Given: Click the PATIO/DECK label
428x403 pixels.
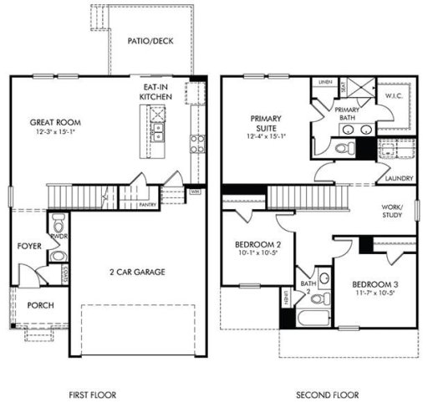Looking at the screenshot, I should tap(150, 39).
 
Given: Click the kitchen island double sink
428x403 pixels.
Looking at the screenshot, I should tap(157, 130).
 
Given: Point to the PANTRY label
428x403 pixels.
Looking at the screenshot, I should tap(148, 203).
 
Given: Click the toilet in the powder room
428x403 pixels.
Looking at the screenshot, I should tap(58, 224).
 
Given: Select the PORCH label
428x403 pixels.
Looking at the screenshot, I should tap(40, 305).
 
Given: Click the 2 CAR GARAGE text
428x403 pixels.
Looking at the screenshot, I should tap(137, 272).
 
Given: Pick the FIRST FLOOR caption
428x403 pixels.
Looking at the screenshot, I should tap(93, 394).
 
